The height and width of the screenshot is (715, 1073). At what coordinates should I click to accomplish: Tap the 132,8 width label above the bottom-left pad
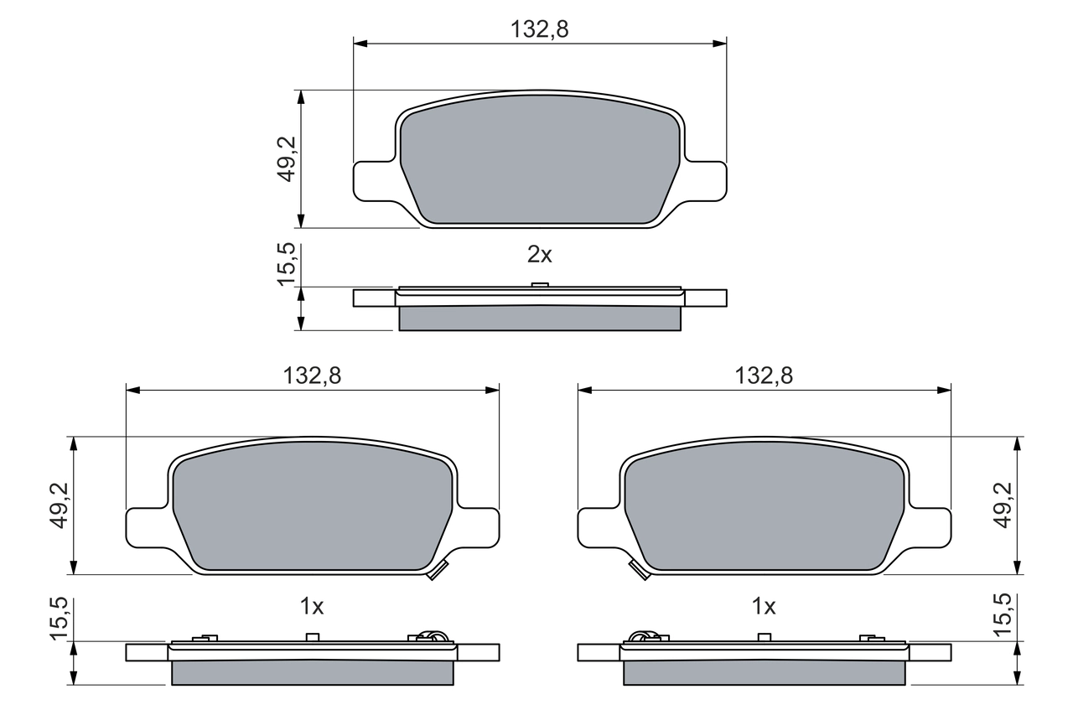[312, 376]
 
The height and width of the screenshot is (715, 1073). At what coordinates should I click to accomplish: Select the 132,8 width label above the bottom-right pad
[764, 376]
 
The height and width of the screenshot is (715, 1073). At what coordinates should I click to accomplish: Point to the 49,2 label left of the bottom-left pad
[60, 505]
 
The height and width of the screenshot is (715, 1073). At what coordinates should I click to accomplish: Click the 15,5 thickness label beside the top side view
[287, 263]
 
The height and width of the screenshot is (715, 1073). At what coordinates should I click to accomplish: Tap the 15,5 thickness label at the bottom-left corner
[60, 619]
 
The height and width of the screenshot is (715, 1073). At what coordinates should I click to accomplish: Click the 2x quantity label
[540, 256]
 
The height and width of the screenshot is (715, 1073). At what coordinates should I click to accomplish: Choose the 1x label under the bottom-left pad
[312, 606]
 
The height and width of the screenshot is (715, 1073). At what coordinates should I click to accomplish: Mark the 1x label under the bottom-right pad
[764, 606]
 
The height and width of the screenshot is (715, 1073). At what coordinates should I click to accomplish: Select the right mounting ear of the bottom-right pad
[932, 528]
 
